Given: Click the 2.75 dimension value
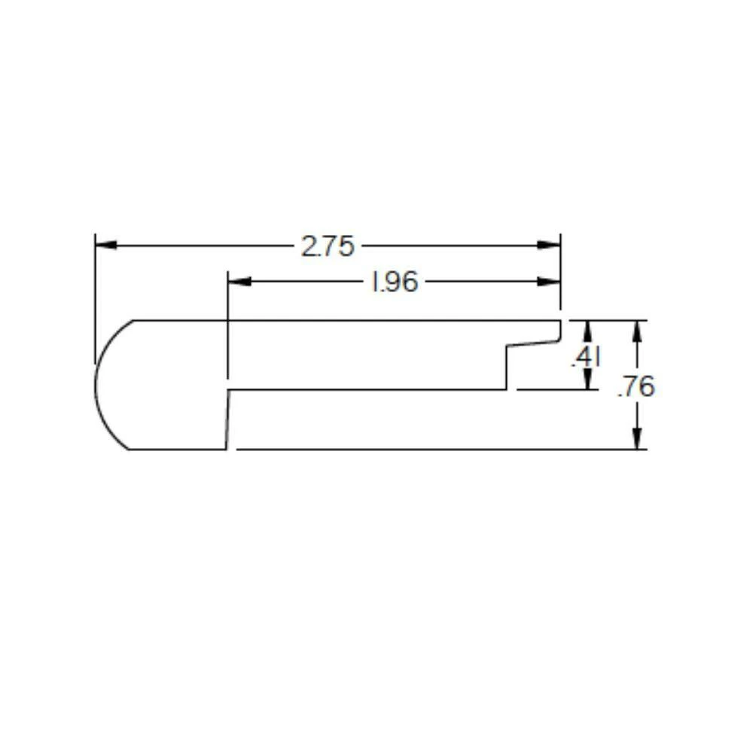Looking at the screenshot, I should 328,246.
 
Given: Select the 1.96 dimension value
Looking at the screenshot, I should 395,282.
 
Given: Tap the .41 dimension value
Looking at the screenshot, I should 586,358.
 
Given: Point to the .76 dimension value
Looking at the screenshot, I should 636,387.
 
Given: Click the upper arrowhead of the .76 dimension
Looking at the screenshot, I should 638,329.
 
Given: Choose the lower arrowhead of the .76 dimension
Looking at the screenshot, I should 638,440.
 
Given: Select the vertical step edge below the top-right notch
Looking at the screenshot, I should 506,368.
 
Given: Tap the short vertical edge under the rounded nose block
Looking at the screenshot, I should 227,419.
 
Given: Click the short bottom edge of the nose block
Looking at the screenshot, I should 177,450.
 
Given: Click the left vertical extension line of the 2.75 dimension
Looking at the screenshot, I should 95,301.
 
